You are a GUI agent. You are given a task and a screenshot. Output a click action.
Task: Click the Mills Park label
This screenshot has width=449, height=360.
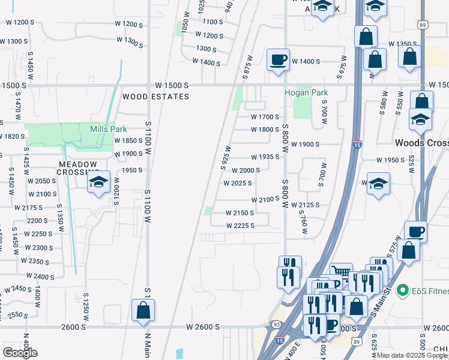pos(108,129)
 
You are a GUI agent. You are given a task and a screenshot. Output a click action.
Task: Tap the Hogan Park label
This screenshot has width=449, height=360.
pos(306,93)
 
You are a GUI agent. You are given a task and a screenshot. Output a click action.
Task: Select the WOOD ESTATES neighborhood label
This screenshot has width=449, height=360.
pos(155,97)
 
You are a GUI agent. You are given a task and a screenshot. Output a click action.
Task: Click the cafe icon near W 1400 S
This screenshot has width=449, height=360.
pos(278,60)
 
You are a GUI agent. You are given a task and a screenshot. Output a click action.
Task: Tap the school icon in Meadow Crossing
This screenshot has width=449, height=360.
pos(99,183)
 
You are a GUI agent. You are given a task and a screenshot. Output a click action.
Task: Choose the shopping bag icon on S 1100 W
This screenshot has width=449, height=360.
pos(143,310)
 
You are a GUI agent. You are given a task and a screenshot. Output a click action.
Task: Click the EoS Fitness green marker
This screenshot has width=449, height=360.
pos(402,291)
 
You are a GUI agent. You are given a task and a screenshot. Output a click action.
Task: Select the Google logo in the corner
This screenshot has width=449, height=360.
pos(20,352)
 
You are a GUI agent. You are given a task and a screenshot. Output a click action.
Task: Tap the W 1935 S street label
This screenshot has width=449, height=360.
pos(265,157)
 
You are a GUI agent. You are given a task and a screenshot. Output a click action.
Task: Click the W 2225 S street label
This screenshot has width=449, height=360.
pos(240,226)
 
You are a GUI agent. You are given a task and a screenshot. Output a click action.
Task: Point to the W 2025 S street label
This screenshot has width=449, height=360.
pos(238,184)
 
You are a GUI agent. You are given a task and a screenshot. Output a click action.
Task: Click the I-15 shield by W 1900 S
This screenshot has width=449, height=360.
pos(357,144)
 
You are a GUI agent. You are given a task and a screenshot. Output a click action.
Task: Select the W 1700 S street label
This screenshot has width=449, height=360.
pos(265,117)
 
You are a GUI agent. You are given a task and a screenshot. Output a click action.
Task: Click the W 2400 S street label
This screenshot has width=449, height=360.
pos(40,277)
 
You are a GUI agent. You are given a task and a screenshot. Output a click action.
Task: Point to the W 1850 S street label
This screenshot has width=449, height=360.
pos(128,140)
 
